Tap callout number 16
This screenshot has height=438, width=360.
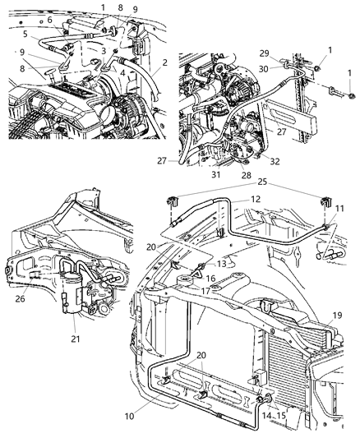point(210,279)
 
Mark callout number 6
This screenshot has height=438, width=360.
point(48,19)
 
